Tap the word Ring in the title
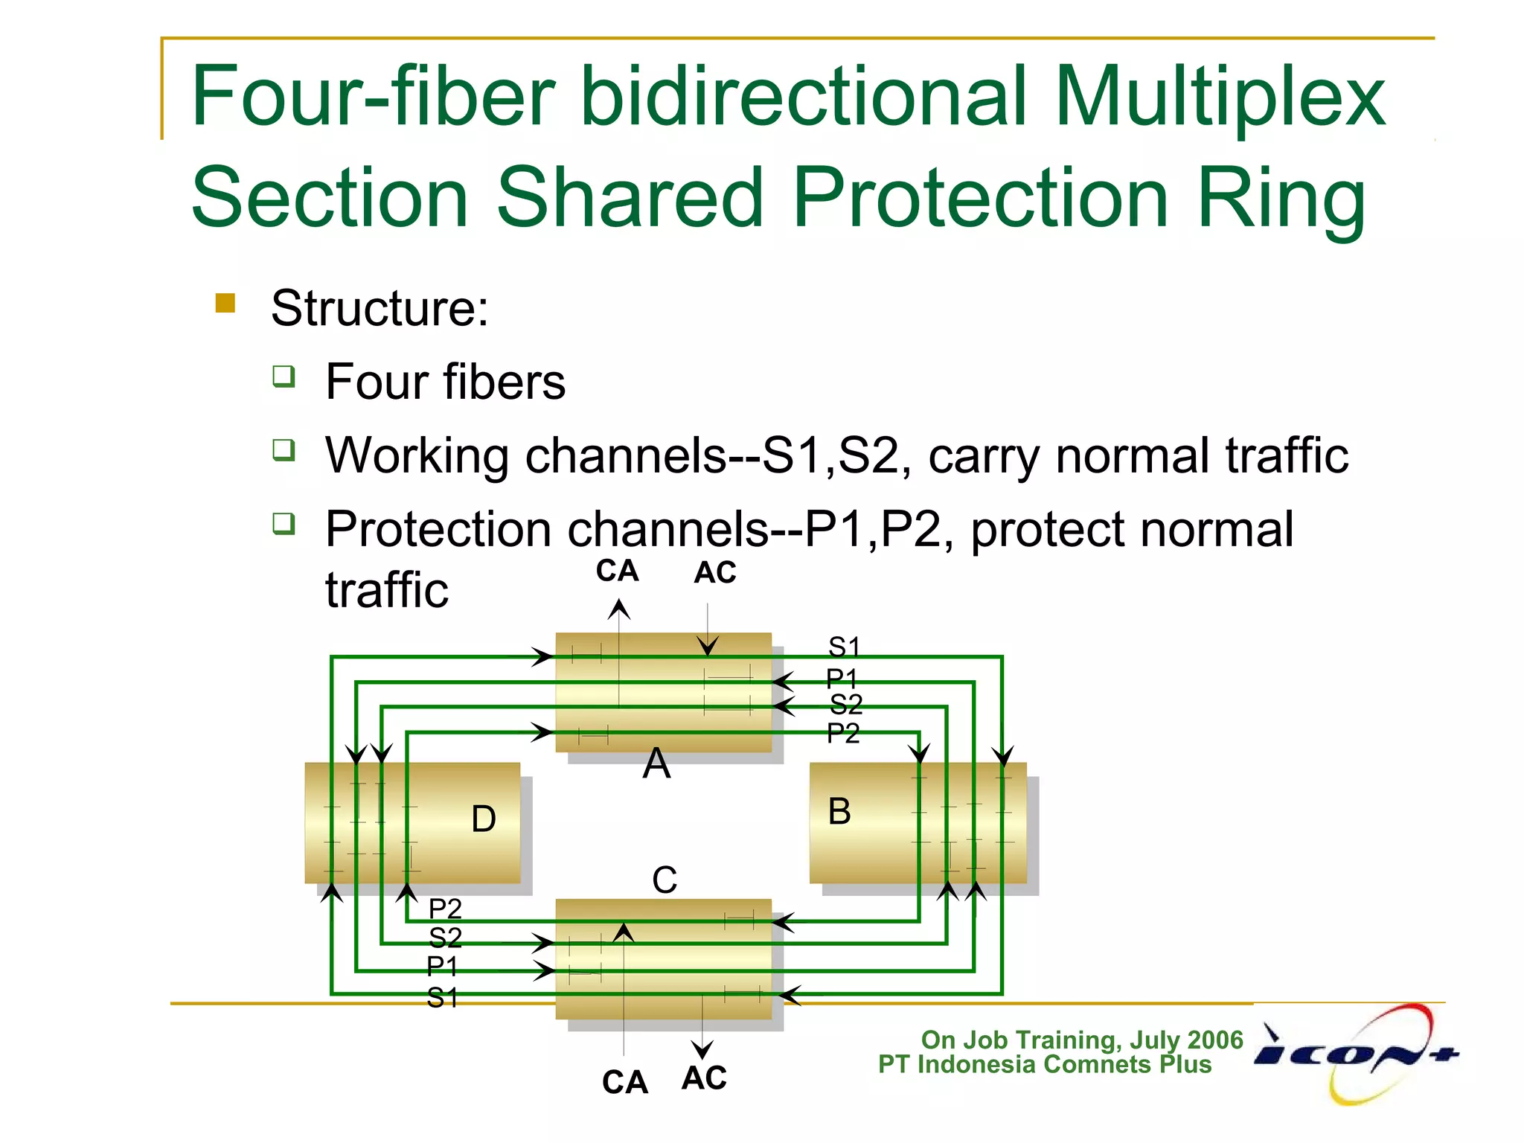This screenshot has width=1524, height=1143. point(1281,198)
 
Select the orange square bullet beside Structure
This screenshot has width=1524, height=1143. point(225,303)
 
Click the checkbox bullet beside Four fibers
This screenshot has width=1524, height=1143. point(284,377)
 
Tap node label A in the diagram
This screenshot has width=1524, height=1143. point(656,764)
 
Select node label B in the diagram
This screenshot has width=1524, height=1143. point(839,811)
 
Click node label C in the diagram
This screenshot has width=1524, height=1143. point(665,880)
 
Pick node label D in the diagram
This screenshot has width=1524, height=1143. point(484,819)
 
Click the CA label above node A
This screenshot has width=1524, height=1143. point(617,571)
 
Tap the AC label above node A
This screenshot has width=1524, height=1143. point(715,573)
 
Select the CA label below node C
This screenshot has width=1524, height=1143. point(625,1083)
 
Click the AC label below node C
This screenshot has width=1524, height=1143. point(704,1078)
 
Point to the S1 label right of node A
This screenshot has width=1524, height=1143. point(844,647)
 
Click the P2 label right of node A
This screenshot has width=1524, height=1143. point(843,734)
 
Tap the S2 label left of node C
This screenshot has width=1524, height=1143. point(445,938)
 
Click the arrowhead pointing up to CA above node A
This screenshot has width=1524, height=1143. point(619,610)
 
